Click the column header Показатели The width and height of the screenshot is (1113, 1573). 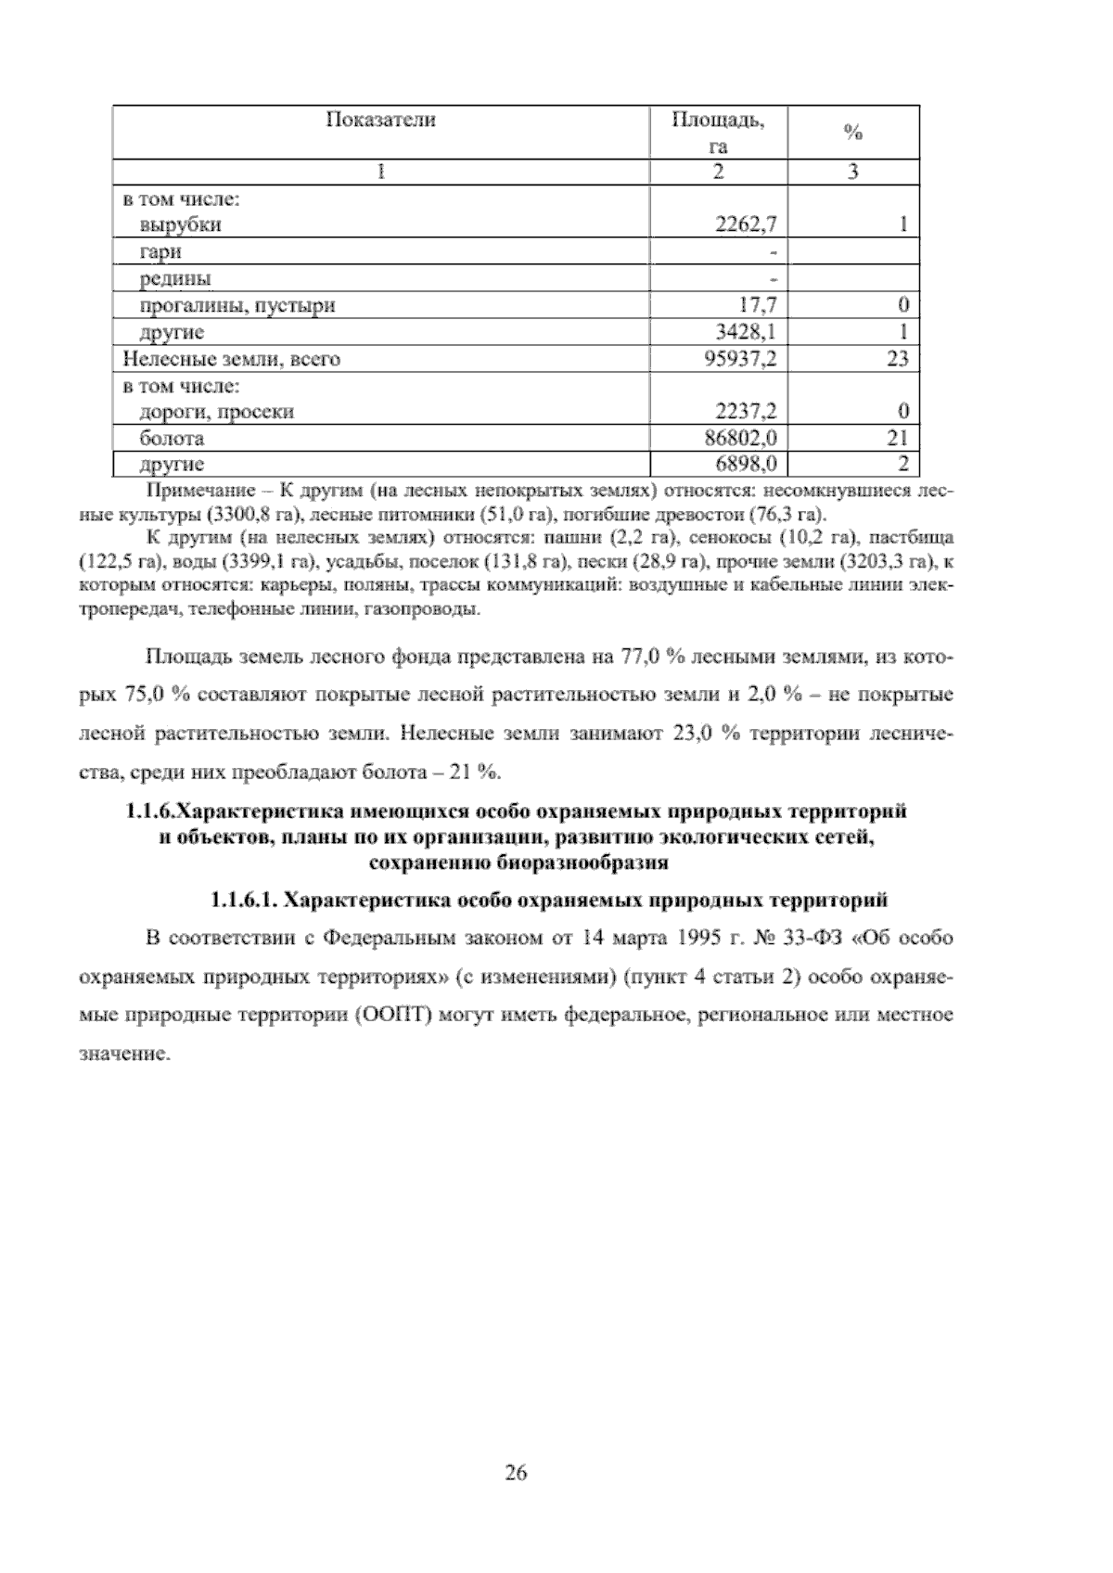coord(380,121)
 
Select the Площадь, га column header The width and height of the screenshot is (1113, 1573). coord(718,133)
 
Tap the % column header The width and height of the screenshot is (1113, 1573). coord(852,133)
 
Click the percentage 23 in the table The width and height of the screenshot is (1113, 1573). coord(897,359)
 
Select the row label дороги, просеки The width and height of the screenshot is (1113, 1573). coord(216,412)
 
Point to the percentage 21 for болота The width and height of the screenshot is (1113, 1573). coord(897,438)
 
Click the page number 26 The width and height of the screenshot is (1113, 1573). coord(517,1472)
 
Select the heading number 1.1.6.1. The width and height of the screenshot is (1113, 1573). coord(241,901)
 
